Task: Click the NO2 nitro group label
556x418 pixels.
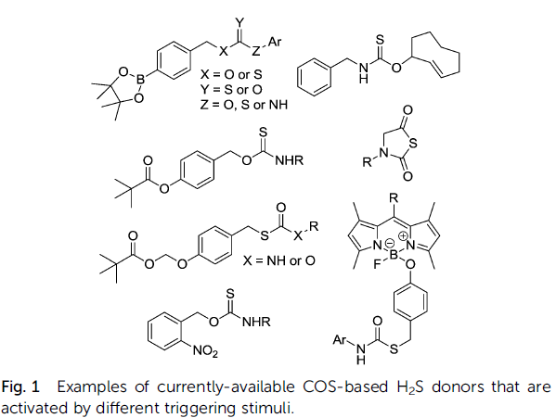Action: (206, 350)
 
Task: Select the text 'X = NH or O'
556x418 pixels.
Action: (279, 260)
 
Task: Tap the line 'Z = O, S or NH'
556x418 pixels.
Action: (243, 105)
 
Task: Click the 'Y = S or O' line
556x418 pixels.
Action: (231, 90)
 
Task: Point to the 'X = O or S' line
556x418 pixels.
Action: (231, 74)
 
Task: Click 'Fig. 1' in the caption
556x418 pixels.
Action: (20, 386)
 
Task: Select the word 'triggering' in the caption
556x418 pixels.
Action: (200, 409)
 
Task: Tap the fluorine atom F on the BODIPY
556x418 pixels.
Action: (377, 264)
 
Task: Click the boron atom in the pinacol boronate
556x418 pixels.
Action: (141, 80)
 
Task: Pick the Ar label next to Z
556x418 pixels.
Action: (275, 42)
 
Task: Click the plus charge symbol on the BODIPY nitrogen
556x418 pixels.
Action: (403, 235)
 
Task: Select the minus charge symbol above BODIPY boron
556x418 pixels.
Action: (389, 244)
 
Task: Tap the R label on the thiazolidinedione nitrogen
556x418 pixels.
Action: (367, 162)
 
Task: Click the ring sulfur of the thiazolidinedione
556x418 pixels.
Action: (413, 144)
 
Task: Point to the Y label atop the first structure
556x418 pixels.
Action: (240, 23)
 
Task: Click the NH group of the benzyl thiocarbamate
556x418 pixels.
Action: (364, 72)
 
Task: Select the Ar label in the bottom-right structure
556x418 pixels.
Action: (340, 340)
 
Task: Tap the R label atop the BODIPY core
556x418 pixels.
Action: (394, 198)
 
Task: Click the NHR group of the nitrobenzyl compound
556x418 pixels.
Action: (256, 322)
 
